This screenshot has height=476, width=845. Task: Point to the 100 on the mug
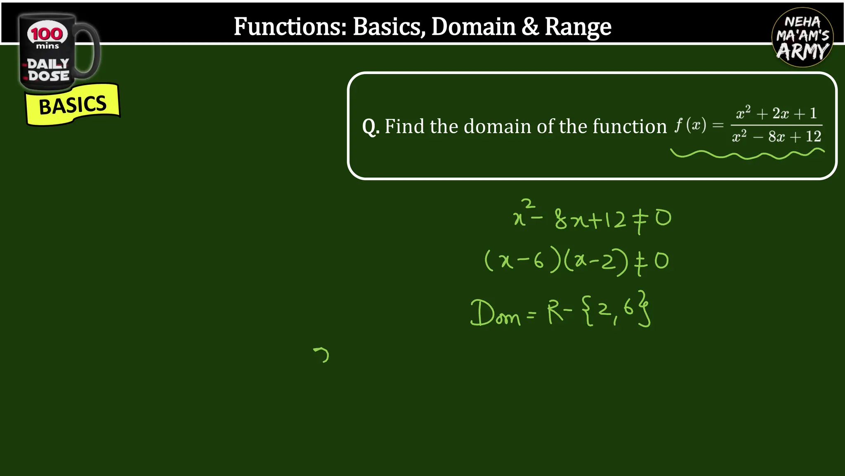[47, 34]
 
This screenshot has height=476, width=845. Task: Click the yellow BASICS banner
[73, 105]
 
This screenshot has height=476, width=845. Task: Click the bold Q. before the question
[371, 126]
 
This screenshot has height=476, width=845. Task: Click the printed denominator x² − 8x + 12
[777, 136]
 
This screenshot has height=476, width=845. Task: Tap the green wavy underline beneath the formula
[747, 155]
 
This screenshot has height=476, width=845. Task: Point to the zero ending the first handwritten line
[663, 218]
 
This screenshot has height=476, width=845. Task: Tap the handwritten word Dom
[495, 314]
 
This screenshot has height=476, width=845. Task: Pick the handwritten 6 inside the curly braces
[628, 307]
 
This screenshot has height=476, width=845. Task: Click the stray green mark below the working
[322, 355]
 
